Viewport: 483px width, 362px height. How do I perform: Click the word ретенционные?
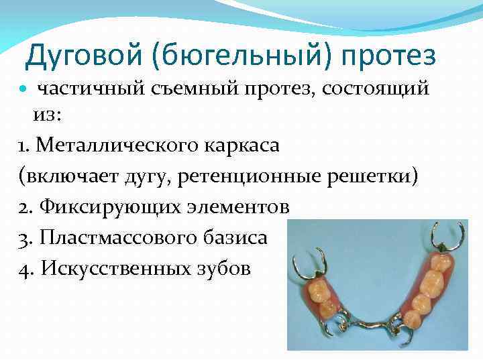coord(243,176)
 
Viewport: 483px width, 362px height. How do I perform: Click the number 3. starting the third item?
coord(27,237)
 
